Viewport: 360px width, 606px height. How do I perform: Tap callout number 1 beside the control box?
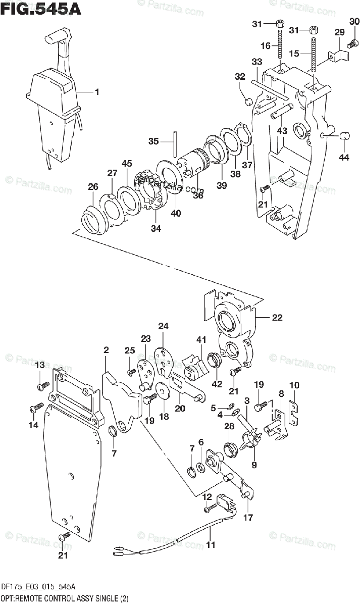96,92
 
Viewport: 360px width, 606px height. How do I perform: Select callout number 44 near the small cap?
344,158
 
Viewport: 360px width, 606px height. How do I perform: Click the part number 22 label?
277,318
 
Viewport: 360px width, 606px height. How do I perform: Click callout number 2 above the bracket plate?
106,349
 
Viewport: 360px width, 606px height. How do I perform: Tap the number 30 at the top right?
354,21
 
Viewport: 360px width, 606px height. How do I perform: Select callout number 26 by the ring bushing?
92,187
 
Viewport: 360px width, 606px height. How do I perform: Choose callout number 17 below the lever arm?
248,517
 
